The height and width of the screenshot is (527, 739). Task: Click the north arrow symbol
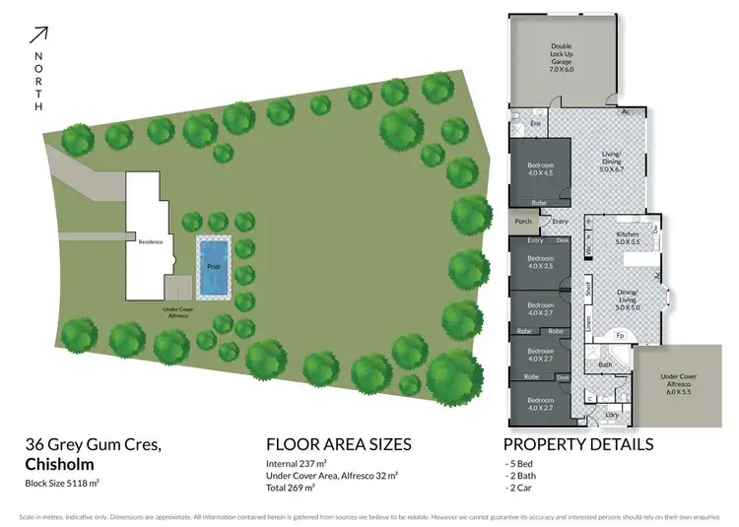[38, 35]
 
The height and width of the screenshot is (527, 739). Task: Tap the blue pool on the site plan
[213, 266]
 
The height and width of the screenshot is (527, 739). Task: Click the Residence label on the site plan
[150, 241]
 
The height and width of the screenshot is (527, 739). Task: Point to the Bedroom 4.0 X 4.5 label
[539, 169]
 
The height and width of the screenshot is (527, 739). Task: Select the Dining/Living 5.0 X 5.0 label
[628, 300]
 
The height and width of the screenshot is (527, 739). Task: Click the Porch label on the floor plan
[523, 222]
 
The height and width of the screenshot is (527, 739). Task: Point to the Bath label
[605, 364]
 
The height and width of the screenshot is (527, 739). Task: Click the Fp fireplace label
[621, 335]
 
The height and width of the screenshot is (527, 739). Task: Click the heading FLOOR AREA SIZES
[338, 444]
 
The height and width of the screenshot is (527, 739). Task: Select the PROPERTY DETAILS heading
[577, 444]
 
